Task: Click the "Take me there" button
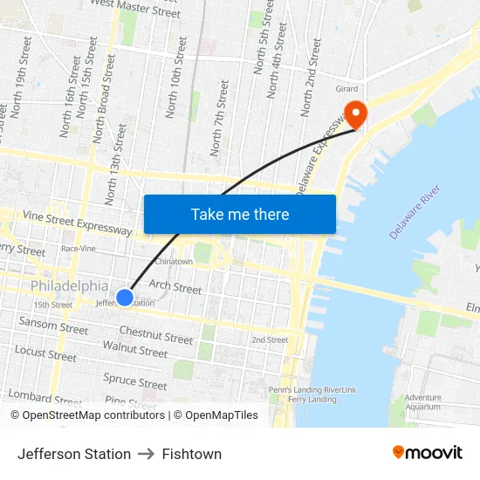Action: [x=240, y=214]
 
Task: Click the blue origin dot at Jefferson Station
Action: [x=125, y=298]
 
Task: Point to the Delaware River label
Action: [x=415, y=214]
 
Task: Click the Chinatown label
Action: [x=174, y=261]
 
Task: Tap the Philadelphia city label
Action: [x=70, y=286]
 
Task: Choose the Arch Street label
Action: [x=175, y=286]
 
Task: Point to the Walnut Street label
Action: [x=134, y=351]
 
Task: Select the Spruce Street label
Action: [x=135, y=381]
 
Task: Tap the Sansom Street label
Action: [x=54, y=326]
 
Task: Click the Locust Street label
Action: [x=45, y=353]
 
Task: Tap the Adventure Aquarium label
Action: [x=423, y=402]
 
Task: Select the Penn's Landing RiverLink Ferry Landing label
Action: [x=312, y=394]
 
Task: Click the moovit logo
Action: [x=427, y=453]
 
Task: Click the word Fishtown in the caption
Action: [x=191, y=454]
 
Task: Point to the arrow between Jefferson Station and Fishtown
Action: [x=146, y=454]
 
